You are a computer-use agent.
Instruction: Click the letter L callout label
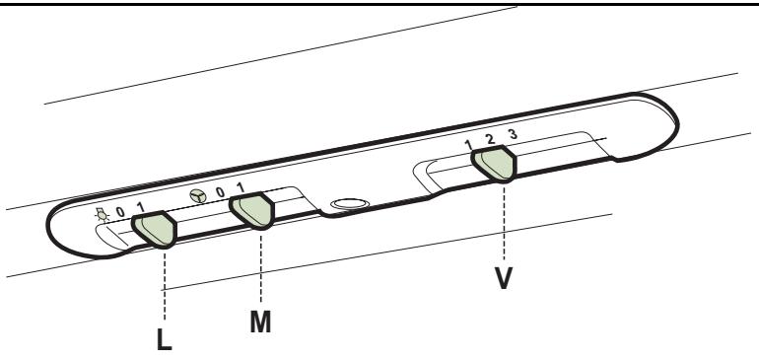(x=165, y=339)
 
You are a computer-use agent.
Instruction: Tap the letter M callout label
(x=260, y=323)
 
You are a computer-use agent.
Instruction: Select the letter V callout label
(x=504, y=278)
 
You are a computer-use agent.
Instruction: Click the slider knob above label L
(x=155, y=230)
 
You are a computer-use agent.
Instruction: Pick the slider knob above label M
(x=251, y=211)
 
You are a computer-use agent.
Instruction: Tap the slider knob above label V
(x=494, y=164)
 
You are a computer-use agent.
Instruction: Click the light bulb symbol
(x=102, y=215)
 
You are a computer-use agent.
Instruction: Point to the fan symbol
(x=198, y=195)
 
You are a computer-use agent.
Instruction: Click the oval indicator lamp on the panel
(x=350, y=204)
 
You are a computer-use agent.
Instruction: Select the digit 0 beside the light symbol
(x=120, y=212)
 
